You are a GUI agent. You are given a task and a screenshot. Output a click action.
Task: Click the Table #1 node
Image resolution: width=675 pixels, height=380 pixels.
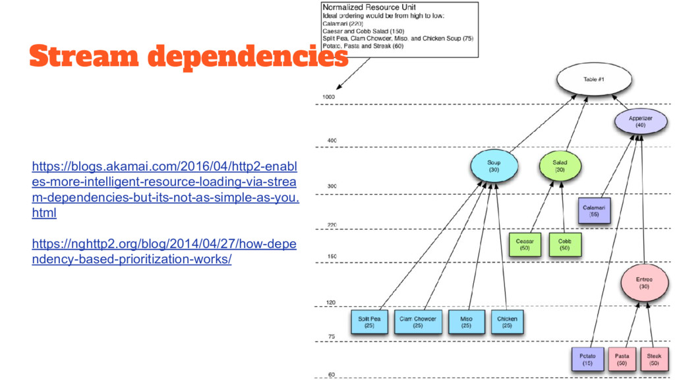point(591,79)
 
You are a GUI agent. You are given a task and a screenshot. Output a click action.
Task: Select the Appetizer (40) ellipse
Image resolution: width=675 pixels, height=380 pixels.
point(639,121)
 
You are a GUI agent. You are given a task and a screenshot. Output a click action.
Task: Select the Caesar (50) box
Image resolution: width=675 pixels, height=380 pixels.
point(525,244)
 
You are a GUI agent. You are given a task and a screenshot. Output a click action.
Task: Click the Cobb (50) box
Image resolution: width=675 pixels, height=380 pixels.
point(564,244)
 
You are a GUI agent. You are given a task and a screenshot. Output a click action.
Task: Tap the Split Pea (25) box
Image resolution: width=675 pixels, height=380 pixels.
point(369,321)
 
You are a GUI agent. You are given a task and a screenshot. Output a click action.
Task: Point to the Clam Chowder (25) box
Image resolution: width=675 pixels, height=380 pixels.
point(418,321)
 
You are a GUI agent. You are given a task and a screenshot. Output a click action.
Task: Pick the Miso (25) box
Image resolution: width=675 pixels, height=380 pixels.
point(466,321)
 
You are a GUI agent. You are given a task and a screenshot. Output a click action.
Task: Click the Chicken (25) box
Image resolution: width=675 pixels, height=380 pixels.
point(507,321)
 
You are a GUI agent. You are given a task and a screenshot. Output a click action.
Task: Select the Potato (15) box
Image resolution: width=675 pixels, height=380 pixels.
point(587,359)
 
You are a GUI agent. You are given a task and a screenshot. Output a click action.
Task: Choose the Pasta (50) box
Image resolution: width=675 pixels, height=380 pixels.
point(622,359)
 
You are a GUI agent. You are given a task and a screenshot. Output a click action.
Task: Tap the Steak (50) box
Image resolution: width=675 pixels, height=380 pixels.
point(654,359)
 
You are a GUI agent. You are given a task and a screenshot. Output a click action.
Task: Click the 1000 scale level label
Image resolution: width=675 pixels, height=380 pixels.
point(328,96)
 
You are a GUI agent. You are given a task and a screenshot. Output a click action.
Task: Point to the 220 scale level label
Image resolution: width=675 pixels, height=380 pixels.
point(332,225)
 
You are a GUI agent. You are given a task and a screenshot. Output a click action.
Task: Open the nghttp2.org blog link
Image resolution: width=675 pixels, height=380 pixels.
point(164,251)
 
